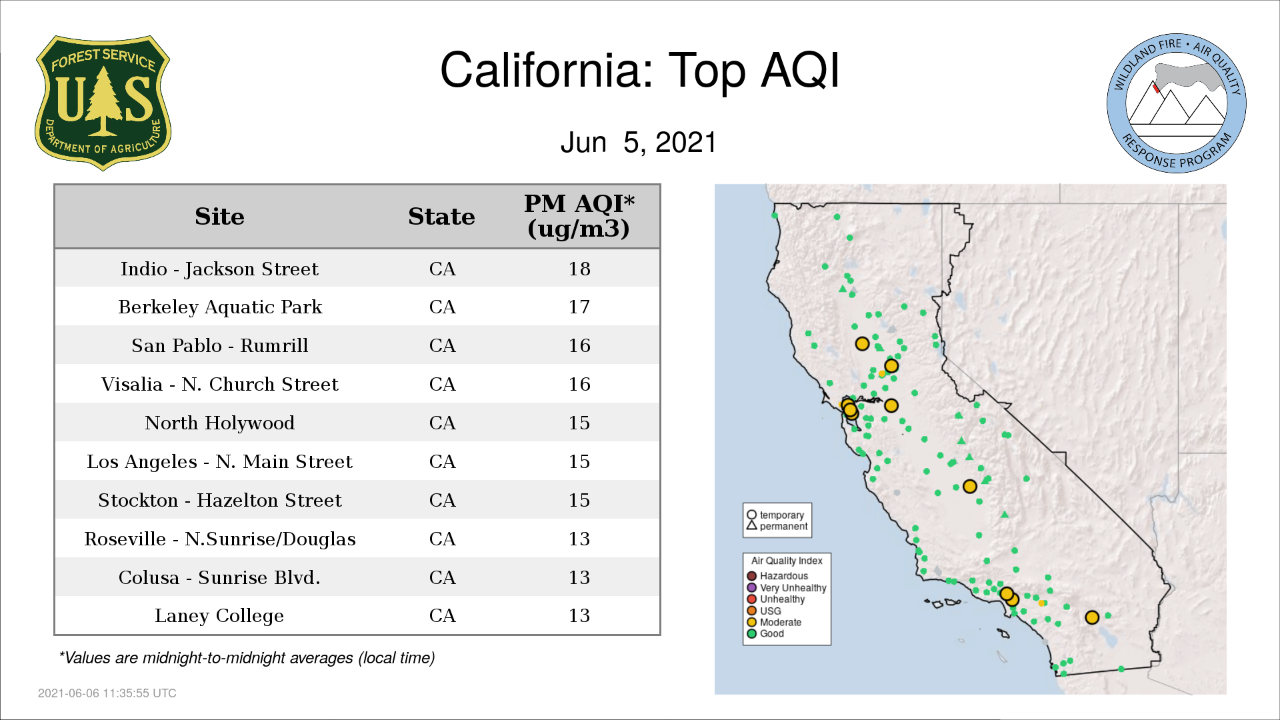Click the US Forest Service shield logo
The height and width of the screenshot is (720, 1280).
point(103,103)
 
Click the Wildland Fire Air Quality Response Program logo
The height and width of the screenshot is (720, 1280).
point(1176,103)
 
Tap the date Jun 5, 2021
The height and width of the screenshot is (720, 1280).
point(638,143)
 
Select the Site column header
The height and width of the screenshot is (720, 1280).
point(219,217)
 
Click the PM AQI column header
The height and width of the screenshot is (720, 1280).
point(579,216)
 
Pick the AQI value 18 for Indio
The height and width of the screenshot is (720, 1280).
point(579,269)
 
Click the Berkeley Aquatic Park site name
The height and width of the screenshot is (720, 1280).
point(220,307)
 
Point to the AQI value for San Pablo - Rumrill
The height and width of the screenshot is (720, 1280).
point(579,345)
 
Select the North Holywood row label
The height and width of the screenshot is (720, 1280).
point(219,423)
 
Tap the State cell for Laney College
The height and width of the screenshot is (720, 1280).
point(442,615)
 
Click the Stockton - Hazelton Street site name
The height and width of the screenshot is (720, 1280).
point(219,500)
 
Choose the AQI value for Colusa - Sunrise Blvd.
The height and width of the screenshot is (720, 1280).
point(579,577)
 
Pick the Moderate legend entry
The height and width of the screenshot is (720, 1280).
point(774,622)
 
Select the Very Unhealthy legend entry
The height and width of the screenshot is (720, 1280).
point(787,587)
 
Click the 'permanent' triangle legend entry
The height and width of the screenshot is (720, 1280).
point(777,526)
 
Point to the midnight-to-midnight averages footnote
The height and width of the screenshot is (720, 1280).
point(247,658)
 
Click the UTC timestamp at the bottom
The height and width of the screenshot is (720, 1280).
point(107,693)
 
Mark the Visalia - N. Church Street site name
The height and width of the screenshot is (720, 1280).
point(219,385)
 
